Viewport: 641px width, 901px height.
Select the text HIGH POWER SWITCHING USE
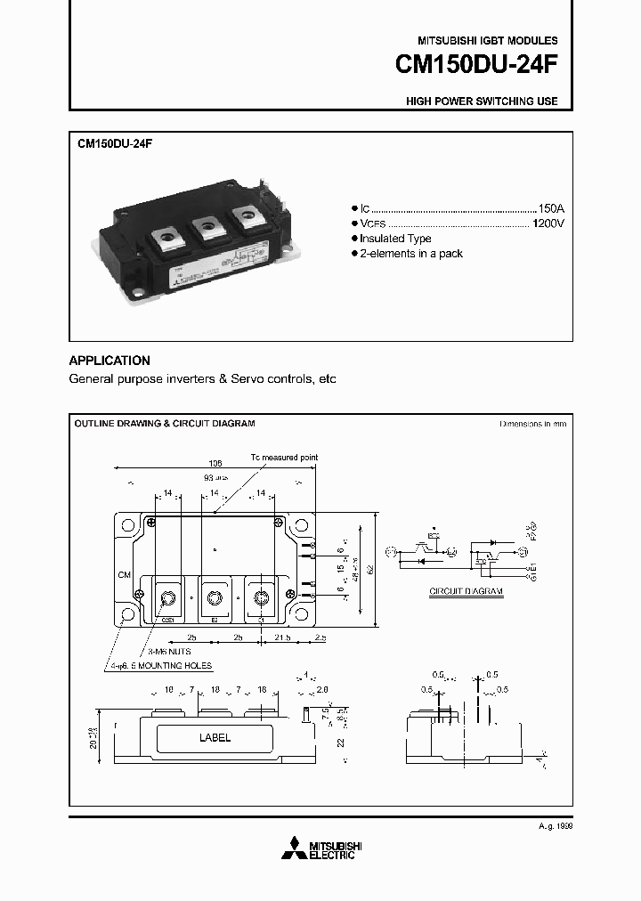[x=482, y=101]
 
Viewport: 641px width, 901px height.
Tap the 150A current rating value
[x=549, y=207]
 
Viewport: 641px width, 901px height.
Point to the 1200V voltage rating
[x=547, y=223]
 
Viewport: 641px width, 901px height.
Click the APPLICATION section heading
[x=110, y=361]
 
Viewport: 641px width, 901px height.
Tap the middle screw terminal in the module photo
[x=207, y=228]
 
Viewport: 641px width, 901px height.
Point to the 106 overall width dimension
[x=215, y=464]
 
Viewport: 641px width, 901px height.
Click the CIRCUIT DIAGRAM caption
[x=466, y=591]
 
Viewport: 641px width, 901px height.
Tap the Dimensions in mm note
[x=532, y=425]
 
